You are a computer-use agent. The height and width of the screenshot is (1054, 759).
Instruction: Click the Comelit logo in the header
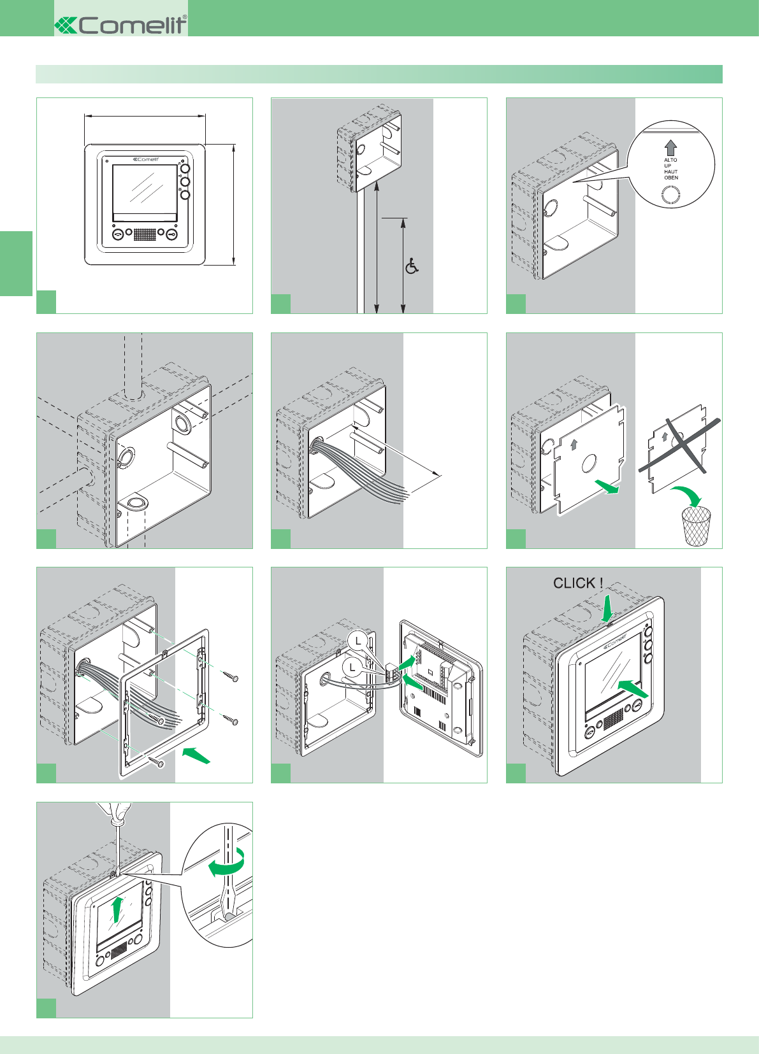[x=121, y=25]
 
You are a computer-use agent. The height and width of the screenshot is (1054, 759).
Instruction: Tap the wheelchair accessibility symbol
[x=412, y=266]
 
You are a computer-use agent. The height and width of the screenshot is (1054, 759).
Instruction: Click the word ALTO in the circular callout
[x=670, y=160]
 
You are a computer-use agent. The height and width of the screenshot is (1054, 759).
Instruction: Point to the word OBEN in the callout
[x=671, y=178]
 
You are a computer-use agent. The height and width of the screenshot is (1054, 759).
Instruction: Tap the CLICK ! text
[x=577, y=583]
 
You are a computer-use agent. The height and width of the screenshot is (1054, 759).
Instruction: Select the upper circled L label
[x=359, y=641]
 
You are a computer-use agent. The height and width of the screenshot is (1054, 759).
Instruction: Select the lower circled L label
[x=352, y=667]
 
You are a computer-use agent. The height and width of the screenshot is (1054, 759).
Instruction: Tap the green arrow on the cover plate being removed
[x=607, y=487]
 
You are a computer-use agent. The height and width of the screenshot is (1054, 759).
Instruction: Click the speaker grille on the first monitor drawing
[x=145, y=234]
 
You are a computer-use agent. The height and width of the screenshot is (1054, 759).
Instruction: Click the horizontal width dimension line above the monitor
[x=145, y=116]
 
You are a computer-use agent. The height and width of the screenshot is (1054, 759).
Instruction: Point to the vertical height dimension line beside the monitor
[x=234, y=204]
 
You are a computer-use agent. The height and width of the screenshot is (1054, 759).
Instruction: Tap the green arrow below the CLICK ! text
[x=607, y=607]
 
